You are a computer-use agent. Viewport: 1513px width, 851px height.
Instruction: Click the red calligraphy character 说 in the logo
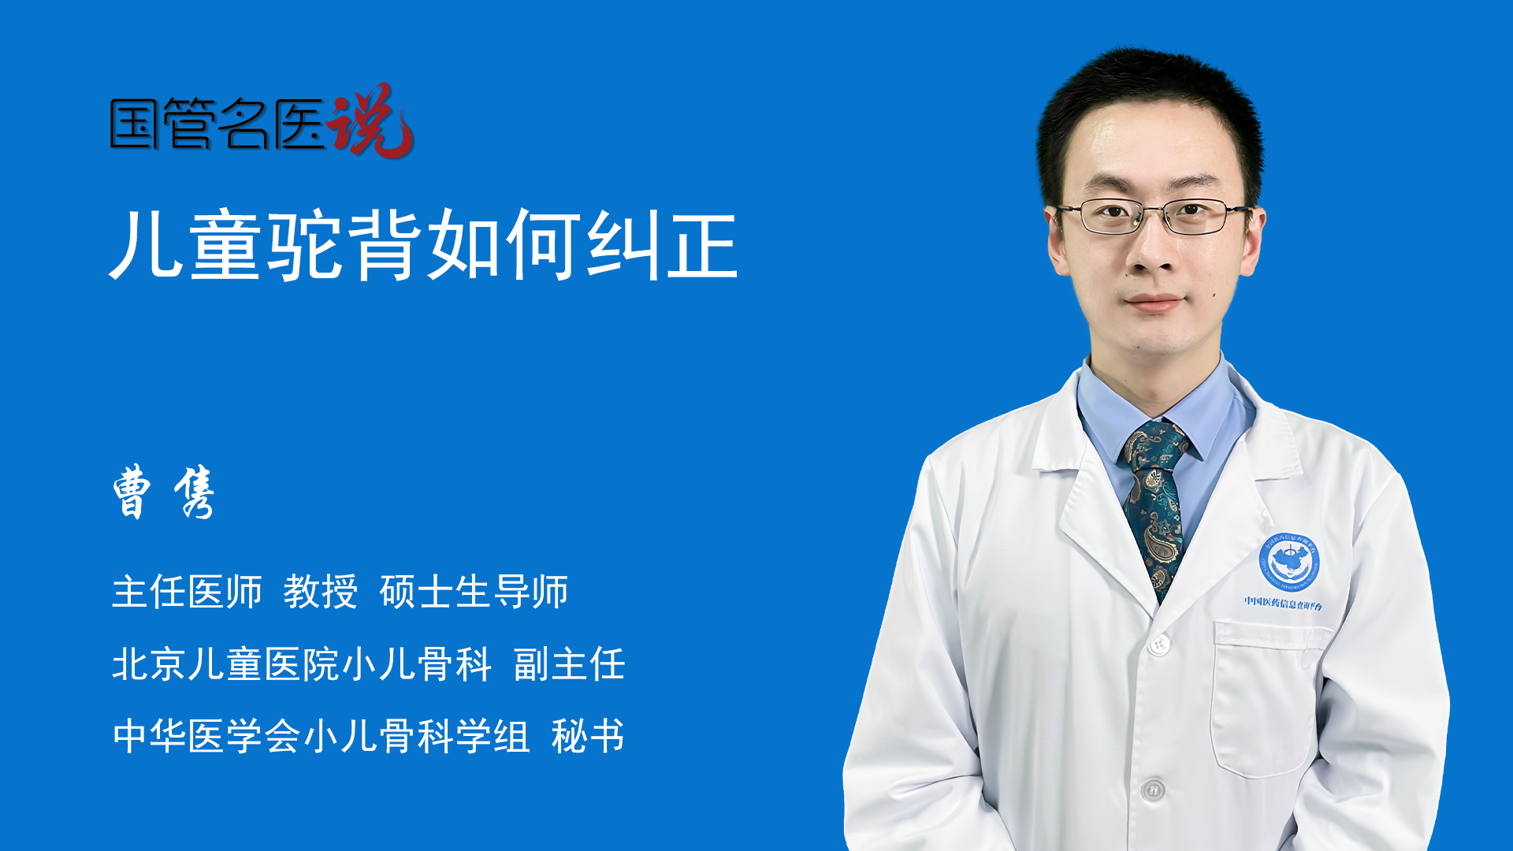370,121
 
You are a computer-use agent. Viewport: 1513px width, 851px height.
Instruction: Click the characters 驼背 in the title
345,245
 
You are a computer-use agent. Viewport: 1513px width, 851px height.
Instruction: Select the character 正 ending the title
702,245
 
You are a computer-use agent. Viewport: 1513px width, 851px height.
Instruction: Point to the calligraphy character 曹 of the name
132,492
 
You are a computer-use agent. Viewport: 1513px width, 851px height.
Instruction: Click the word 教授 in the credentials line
321,592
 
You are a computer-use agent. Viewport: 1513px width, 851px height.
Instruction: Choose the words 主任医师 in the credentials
187,592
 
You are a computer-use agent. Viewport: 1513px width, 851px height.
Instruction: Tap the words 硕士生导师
474,592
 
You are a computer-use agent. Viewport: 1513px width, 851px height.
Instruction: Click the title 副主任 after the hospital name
569,664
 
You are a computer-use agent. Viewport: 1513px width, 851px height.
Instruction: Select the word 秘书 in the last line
588,737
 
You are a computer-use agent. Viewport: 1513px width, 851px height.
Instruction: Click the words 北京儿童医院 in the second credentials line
225,664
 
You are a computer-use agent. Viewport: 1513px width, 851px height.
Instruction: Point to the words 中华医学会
206,737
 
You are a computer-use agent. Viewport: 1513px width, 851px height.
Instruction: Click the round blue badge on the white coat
1289,561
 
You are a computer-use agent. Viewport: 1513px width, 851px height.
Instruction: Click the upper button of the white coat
1158,645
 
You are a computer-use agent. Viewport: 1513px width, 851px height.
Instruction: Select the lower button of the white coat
1153,790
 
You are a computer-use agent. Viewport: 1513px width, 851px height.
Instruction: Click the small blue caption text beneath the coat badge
1284,604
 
